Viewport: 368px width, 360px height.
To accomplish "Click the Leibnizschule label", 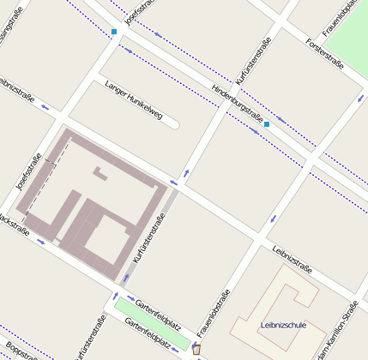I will [283, 325].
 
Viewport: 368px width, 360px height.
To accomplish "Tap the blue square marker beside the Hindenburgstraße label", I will [267, 124].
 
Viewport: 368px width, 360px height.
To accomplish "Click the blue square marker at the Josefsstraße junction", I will [114, 33].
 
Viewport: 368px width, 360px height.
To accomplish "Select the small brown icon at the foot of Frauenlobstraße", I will [196, 348].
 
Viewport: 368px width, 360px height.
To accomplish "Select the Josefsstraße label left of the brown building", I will [29, 171].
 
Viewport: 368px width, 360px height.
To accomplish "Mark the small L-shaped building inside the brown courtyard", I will [100, 175].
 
